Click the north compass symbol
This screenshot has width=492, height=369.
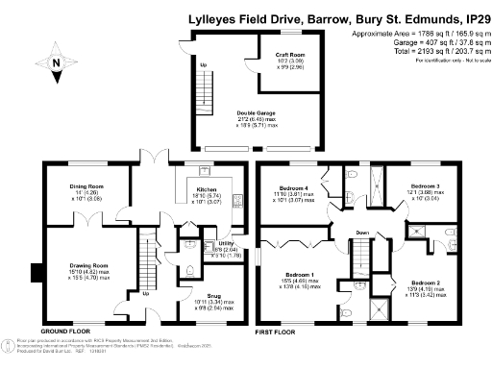tap(58, 66)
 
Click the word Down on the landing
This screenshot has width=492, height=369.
tap(361, 234)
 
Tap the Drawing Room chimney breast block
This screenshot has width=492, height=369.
tap(36, 273)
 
